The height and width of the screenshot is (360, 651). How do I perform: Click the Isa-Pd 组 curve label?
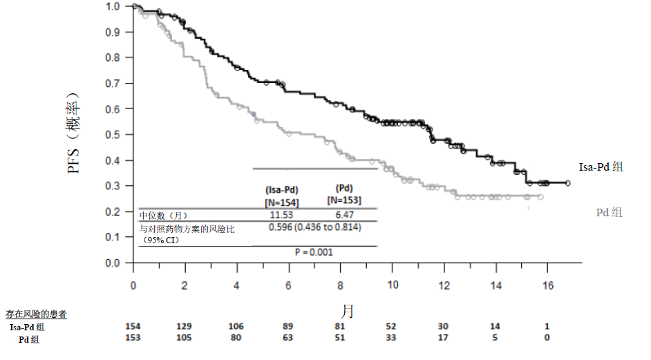click(601, 167)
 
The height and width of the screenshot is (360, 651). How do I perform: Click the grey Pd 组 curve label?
click(609, 213)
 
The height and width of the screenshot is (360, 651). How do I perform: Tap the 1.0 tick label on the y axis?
click(112, 6)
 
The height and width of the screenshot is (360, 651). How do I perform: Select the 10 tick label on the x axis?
click(393, 285)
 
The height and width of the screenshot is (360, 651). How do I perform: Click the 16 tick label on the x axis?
click(547, 285)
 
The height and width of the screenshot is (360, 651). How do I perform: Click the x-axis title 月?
click(347, 310)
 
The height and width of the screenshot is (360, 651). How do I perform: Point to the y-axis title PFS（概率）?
click(73, 133)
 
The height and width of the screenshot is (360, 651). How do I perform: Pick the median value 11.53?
click(281, 215)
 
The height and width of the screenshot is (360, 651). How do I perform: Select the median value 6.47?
click(345, 215)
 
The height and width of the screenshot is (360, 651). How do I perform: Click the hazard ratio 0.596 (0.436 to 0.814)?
click(314, 227)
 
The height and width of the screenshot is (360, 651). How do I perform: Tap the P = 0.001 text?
click(314, 252)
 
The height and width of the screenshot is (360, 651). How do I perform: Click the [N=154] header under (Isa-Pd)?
click(281, 202)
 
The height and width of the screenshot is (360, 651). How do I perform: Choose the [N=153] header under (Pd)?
click(344, 200)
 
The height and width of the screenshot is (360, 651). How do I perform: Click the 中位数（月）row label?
click(163, 216)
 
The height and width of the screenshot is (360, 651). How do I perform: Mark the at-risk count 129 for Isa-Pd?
click(184, 326)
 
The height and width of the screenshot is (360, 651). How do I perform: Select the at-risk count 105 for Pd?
click(184, 338)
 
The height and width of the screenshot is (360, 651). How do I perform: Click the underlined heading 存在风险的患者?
click(36, 314)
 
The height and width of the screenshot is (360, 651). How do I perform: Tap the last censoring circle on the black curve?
click(567, 183)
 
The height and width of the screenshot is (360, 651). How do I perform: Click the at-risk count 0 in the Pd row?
click(547, 338)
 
